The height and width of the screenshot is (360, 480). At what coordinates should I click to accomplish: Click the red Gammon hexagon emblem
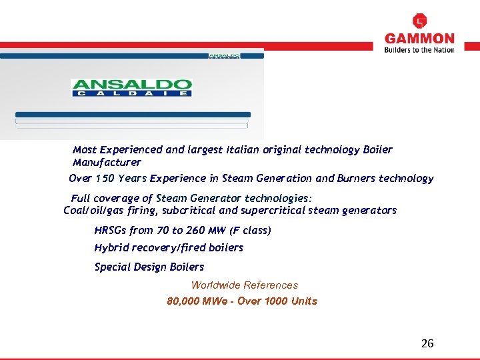click(420, 21)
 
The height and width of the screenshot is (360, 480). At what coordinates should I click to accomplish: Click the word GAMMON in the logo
click(419, 39)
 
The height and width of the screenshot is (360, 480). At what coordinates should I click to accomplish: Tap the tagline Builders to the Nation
click(419, 50)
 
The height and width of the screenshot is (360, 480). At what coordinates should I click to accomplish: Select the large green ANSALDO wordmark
click(131, 85)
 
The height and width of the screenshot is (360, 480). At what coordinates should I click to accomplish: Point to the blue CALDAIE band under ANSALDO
click(131, 93)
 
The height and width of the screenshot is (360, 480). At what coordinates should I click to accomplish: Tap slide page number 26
click(427, 343)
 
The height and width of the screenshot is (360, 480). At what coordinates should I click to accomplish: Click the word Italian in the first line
click(247, 149)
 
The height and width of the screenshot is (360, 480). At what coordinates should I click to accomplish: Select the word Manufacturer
click(107, 162)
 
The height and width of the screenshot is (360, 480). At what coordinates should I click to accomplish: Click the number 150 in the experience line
click(106, 178)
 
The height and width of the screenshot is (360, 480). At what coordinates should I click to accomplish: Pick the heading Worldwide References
click(245, 285)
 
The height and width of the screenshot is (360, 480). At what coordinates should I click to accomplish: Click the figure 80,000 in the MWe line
click(185, 301)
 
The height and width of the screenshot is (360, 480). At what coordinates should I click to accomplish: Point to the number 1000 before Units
click(277, 301)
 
